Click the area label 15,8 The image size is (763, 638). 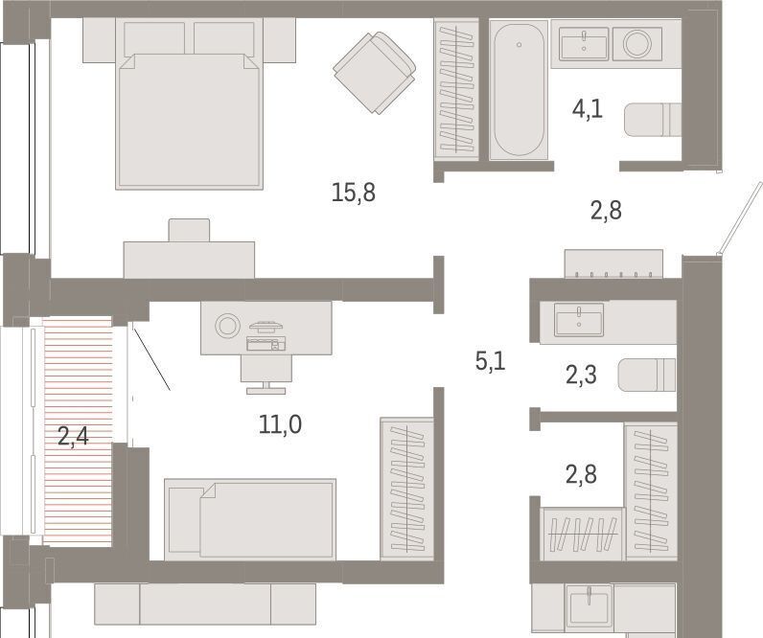354,193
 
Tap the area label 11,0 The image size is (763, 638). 280,424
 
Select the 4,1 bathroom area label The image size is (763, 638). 588,108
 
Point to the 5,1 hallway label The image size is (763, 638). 491,361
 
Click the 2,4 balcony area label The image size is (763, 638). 73,436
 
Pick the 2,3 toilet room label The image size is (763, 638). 581,376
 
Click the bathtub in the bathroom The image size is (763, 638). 519,90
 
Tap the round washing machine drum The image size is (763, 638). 637,44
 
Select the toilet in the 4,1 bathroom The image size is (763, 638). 653,120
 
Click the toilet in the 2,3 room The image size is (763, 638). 647,375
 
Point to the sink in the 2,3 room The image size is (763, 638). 579,320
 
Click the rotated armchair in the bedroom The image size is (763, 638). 374,73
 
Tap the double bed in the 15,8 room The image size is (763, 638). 189,103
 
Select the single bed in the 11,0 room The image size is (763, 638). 250,520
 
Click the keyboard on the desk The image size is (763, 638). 266,343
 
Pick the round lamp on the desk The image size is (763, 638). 228,325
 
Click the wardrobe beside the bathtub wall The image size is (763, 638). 456,88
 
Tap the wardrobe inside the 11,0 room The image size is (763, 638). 407,488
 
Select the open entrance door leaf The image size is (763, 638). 741,218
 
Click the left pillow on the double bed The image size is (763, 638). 154,38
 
